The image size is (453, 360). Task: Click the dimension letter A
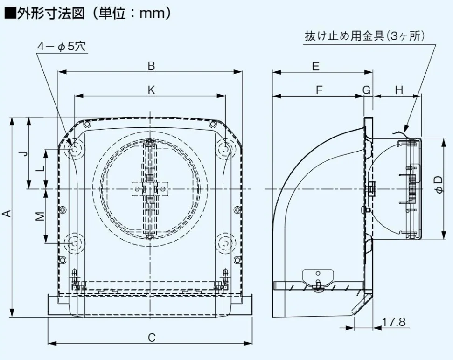[7, 214]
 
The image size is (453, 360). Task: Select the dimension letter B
[151, 66]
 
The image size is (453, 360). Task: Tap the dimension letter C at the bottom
[152, 338]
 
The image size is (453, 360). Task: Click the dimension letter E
[316, 66]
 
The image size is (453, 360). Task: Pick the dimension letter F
[319, 90]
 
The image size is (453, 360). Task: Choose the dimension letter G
[367, 90]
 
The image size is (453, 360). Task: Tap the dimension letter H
[399, 90]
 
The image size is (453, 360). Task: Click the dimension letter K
[151, 90]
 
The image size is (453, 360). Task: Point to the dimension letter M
[41, 216]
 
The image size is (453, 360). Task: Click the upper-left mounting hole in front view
[75, 148]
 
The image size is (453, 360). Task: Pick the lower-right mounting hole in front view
[225, 242]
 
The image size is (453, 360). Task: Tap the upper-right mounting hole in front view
[225, 148]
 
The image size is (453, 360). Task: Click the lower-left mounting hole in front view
[75, 242]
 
